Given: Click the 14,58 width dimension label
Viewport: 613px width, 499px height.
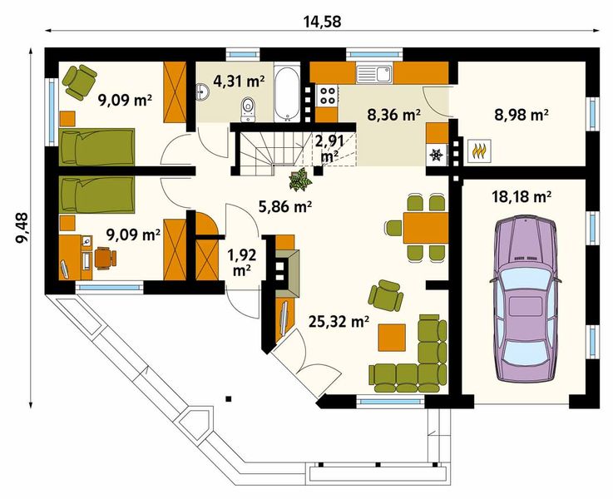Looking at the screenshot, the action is pyautogui.click(x=322, y=22).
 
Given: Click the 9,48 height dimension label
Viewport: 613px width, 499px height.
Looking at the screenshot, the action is pyautogui.click(x=22, y=228).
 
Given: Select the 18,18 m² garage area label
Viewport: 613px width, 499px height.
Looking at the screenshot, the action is pyautogui.click(x=522, y=196).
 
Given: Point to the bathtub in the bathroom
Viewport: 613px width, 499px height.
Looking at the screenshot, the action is pyautogui.click(x=287, y=92).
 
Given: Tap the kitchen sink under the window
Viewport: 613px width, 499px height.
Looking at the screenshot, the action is pyautogui.click(x=373, y=74).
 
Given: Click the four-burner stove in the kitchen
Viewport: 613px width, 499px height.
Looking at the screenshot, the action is pyautogui.click(x=328, y=96).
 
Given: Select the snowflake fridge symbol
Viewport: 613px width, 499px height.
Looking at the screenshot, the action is pyautogui.click(x=436, y=156).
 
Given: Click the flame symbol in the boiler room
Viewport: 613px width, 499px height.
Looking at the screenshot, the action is pyautogui.click(x=479, y=151).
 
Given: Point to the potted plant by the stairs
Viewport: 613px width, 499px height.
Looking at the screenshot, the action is pyautogui.click(x=300, y=180).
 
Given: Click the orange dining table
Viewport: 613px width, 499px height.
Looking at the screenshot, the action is pyautogui.click(x=425, y=228).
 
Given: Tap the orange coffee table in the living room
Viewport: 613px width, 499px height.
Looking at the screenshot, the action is pyautogui.click(x=391, y=338).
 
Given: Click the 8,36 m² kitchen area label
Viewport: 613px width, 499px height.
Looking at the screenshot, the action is pyautogui.click(x=394, y=115).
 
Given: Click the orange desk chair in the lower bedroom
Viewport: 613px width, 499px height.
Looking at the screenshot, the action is pyautogui.click(x=105, y=258).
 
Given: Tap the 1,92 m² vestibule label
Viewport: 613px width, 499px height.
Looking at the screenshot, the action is pyautogui.click(x=241, y=263).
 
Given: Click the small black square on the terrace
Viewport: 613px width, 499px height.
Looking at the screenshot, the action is pyautogui.click(x=228, y=398).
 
